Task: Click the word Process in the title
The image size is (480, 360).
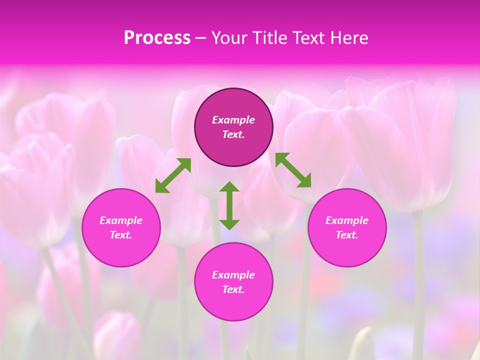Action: tap(157, 38)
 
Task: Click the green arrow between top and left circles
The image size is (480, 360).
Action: tap(173, 175)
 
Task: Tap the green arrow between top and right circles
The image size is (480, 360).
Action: tap(293, 170)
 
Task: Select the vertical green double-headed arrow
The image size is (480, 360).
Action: tap(229, 205)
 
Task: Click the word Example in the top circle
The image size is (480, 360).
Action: tap(233, 120)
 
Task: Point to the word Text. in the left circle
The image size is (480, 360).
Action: tap(121, 235)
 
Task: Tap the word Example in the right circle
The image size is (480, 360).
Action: tap(347, 220)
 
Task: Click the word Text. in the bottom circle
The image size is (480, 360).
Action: tap(233, 289)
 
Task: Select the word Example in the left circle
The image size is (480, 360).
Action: tap(121, 220)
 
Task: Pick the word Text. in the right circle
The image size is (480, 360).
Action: tap(347, 235)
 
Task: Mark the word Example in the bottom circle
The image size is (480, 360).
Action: tap(233, 275)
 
